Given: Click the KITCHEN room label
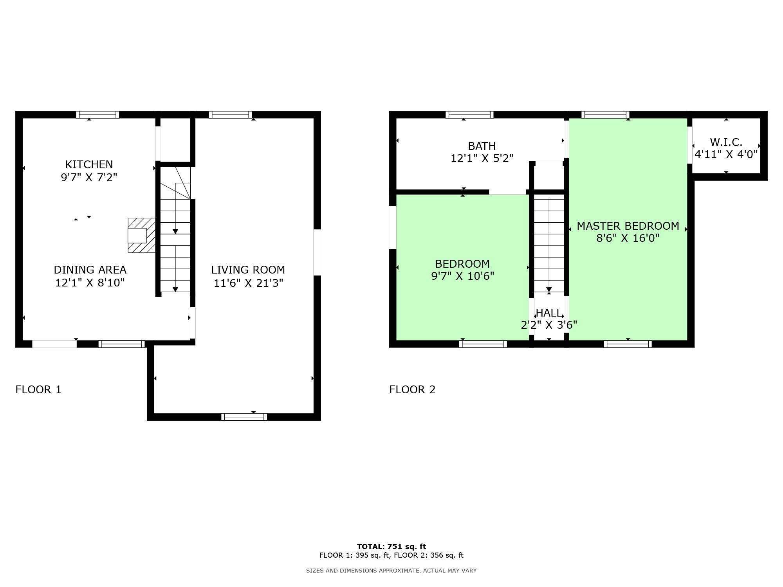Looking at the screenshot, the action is coord(89,164).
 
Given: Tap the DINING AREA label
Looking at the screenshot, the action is coord(90,270).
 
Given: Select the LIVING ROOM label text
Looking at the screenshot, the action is coord(248,270).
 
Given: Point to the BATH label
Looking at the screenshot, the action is coord(482,146).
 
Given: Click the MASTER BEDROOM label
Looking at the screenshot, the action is coord(628,226).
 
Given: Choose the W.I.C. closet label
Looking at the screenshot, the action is coord(726,142).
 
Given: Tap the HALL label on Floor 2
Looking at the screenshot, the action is coord(548,313).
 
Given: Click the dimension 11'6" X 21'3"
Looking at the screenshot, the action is coord(248,283).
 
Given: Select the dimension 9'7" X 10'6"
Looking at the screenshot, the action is coord(462,276).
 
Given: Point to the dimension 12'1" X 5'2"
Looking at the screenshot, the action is coord(482,158).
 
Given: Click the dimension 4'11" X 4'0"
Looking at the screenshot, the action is coord(726,154).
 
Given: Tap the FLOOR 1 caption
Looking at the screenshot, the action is coord(38,389).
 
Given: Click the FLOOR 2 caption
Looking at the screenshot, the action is coord(412,389).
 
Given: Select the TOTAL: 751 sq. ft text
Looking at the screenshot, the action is coord(391,546).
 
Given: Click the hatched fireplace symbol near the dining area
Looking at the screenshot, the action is coord(142,235).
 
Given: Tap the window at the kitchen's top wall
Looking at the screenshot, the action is coord(97,115).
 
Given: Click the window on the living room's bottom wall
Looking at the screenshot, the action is coord(244,417).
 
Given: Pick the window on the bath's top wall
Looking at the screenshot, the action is coord(469,115).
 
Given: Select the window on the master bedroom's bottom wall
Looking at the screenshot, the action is coord(628,344).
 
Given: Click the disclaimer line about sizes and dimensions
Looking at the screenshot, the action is coord(391,571).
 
